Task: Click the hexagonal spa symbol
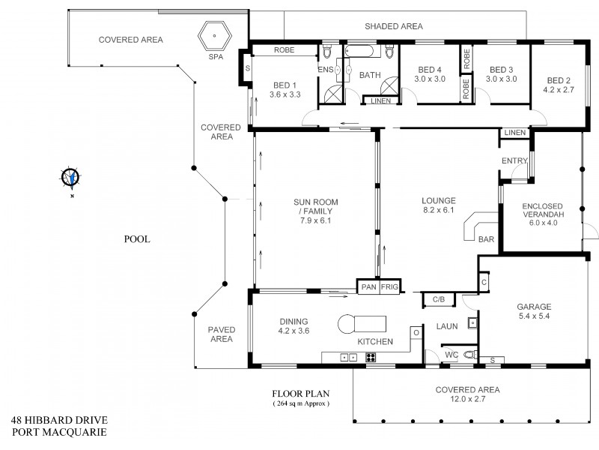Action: point(215,35)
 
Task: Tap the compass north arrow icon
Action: point(70,178)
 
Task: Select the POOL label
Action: point(137,240)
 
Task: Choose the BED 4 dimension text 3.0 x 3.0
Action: point(430,79)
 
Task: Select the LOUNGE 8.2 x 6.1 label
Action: point(439,205)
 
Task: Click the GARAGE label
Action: point(534,311)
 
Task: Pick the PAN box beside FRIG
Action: point(368,286)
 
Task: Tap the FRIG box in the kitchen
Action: point(389,286)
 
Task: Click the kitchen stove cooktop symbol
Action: point(370,358)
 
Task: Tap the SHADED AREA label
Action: point(394,26)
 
